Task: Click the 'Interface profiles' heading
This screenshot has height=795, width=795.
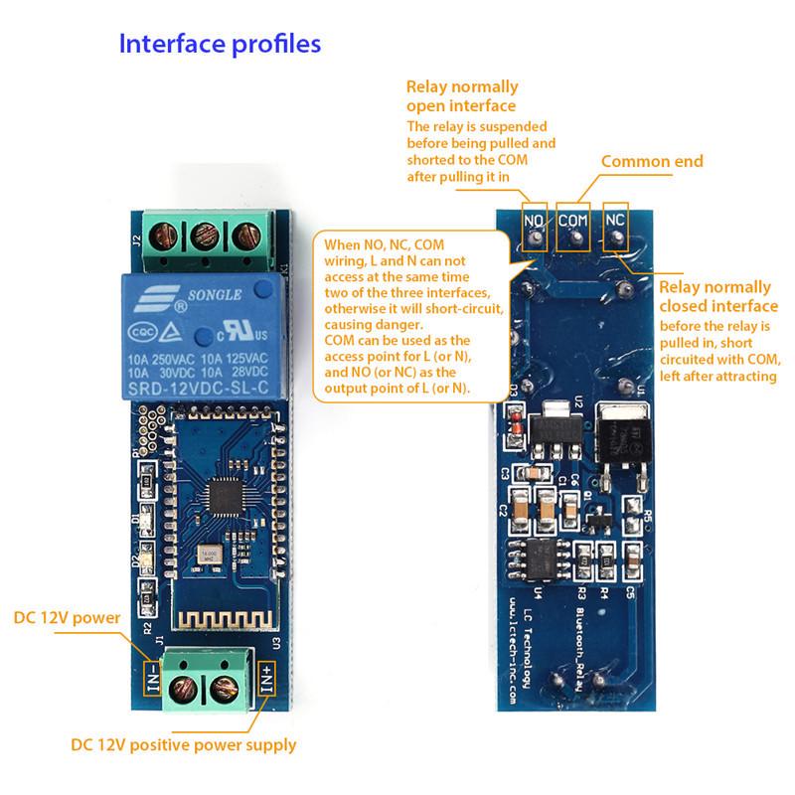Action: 220,45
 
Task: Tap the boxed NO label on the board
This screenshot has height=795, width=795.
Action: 535,220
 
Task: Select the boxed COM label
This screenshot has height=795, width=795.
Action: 573,220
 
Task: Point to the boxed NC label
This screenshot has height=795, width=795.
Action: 615,220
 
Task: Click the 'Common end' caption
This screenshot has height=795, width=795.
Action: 652,161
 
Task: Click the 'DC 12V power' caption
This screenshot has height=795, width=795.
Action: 66,618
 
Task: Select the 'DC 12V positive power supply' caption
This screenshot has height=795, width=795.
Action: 183,743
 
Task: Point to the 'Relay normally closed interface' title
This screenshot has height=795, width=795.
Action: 720,297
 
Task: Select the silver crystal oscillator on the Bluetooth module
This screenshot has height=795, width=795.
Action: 209,557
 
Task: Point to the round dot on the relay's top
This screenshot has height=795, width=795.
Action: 260,289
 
